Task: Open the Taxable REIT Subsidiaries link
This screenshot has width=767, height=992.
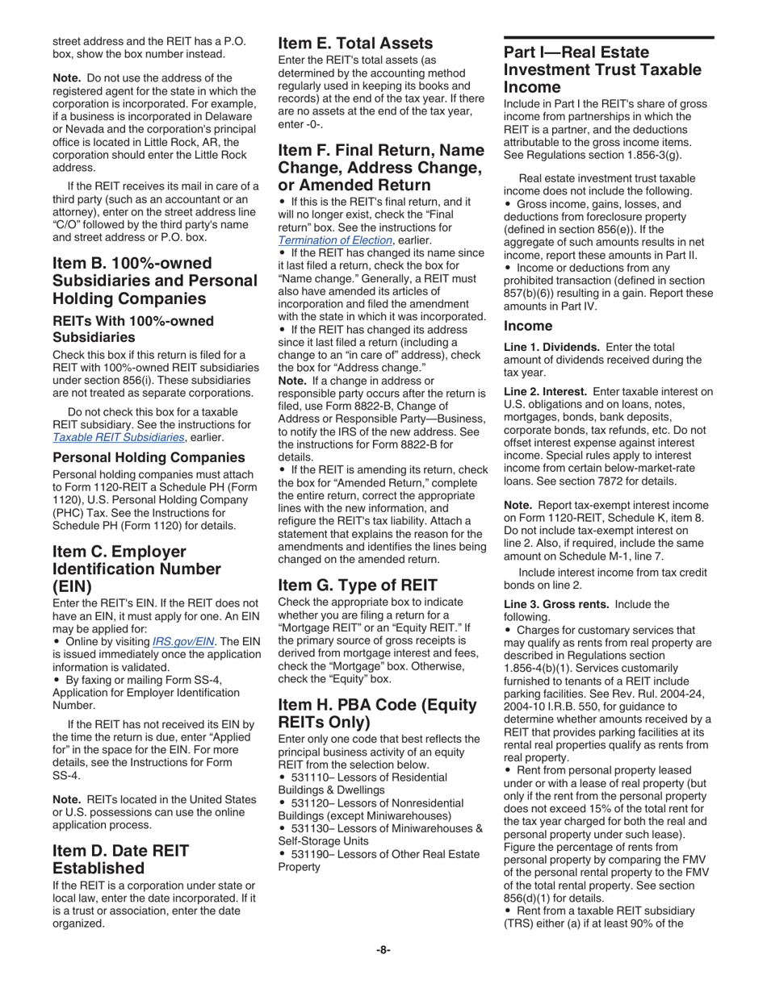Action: click(x=118, y=437)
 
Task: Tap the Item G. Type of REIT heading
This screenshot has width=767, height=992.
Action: click(x=358, y=585)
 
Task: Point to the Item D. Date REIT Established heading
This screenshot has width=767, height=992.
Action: click(x=121, y=859)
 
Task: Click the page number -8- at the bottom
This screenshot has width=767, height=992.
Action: click(x=383, y=950)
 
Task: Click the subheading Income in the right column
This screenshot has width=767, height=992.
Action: click(x=528, y=326)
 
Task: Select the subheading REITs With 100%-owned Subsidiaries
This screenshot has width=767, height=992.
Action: click(x=133, y=329)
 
